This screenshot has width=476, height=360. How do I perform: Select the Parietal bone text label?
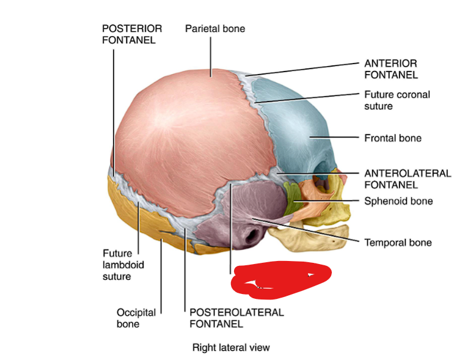click(214, 29)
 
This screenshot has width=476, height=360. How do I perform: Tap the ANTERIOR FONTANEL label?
click(390, 69)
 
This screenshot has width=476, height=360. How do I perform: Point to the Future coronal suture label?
click(397, 100)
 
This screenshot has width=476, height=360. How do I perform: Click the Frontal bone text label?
click(392, 138)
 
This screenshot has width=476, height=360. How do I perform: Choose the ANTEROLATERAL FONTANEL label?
click(407, 178)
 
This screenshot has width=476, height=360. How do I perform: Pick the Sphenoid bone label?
click(398, 201)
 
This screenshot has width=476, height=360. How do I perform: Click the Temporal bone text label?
click(398, 243)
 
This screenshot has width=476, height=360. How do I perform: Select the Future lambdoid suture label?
click(117, 264)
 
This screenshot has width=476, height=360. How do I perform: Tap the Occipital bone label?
click(136, 318)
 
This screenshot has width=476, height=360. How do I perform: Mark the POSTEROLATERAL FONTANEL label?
click(236, 318)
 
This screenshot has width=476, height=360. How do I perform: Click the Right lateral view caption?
click(231, 348)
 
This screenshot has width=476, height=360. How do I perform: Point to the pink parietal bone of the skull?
click(183, 141)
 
